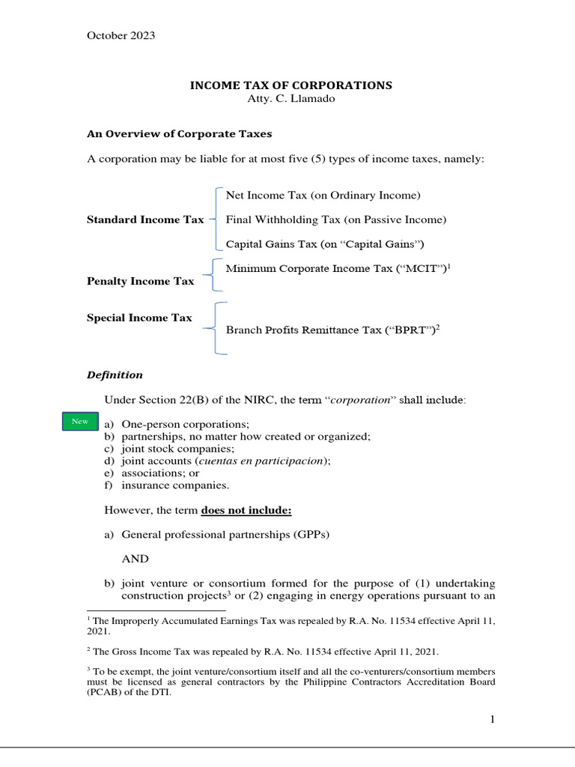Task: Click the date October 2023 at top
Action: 121,36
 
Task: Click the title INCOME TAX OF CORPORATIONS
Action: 290,85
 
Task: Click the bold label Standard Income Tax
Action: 145,220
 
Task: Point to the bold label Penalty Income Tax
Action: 141,282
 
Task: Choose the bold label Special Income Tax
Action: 140,318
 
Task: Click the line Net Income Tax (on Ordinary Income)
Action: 323,195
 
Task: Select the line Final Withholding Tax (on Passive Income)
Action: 335,220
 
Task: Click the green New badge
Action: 79,422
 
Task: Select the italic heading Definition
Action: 115,375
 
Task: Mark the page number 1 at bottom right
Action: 493,720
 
